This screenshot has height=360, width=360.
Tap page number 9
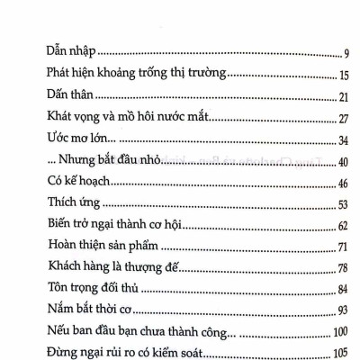tap(334, 53)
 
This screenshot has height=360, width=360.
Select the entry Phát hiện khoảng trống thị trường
tap(126, 73)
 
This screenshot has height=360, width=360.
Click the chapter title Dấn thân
tap(67, 95)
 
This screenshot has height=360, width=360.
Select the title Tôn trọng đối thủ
tap(92, 288)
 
